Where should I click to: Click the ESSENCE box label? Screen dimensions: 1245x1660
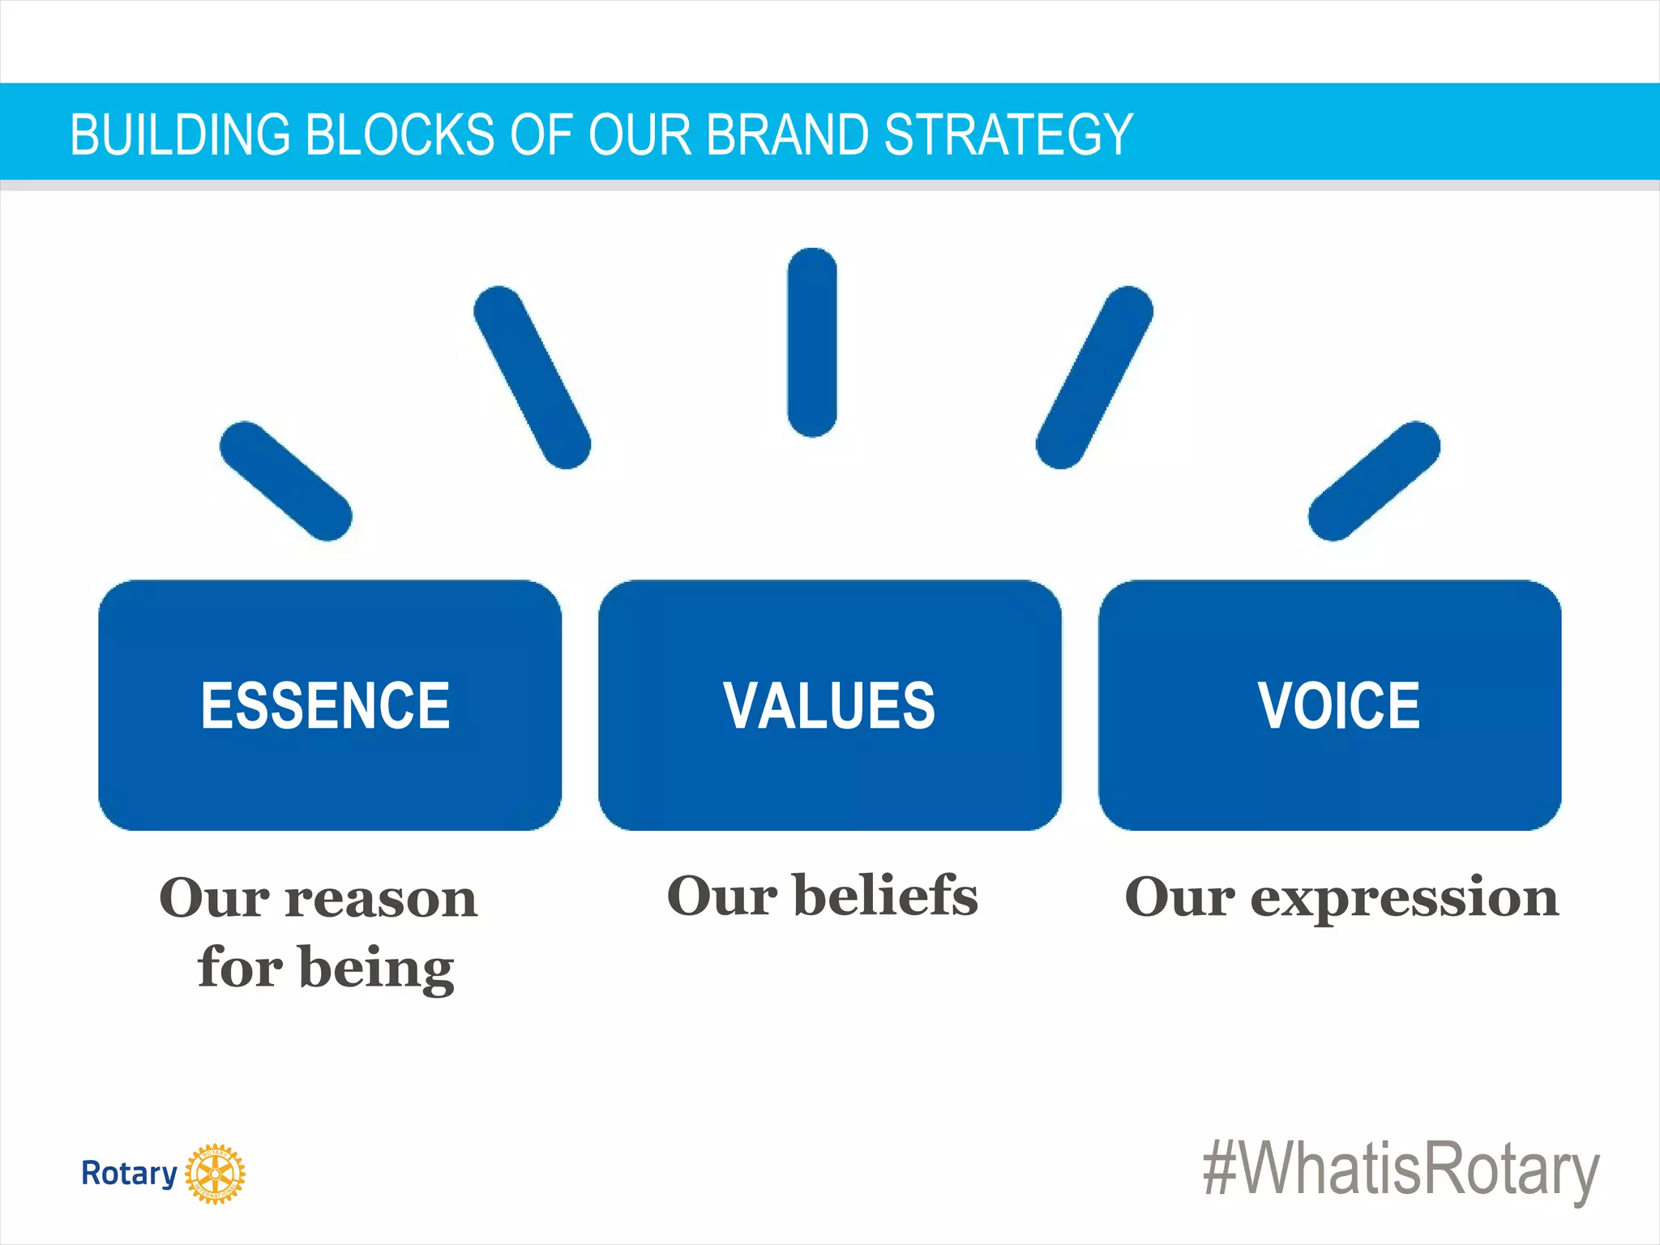tap(325, 706)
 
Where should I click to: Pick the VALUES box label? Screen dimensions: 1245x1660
tap(829, 706)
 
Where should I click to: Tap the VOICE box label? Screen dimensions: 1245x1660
tap(1338, 706)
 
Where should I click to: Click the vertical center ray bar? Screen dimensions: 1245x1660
tap(812, 342)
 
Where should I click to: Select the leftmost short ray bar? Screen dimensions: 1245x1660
tap(285, 481)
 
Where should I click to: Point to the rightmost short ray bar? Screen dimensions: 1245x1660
tap(1374, 481)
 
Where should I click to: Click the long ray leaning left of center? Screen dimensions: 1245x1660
tap(532, 377)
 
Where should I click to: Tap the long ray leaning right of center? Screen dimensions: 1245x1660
tap(1094, 377)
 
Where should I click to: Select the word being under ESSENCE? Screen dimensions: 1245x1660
tap(377, 968)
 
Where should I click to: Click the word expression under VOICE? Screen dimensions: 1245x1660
tap(1404, 898)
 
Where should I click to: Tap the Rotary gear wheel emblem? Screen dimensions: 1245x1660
tap(215, 1174)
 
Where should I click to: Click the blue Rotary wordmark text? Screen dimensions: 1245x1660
tap(129, 1174)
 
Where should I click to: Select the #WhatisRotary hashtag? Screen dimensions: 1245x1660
tap(1401, 1170)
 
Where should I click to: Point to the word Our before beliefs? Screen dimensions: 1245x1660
tap(721, 896)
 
